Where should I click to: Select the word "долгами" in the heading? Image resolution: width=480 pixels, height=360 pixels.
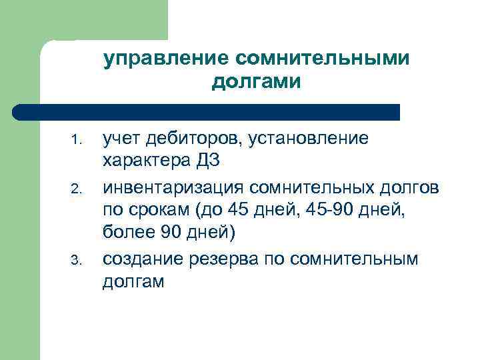[257, 82]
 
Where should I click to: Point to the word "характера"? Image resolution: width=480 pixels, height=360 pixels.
[147, 161]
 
